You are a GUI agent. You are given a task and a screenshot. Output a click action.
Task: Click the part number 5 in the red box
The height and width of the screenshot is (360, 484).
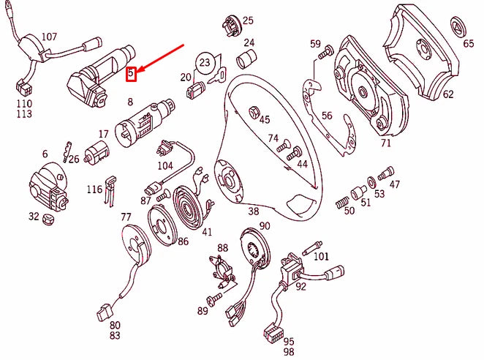pyautogui.click(x=131, y=73)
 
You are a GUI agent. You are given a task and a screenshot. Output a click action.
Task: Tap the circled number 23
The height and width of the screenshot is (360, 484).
pyautogui.click(x=205, y=63)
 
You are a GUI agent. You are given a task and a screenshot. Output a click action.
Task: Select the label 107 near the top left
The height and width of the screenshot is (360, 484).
pyautogui.click(x=48, y=36)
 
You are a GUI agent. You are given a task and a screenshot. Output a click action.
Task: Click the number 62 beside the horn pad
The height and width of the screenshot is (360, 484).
pyautogui.click(x=447, y=94)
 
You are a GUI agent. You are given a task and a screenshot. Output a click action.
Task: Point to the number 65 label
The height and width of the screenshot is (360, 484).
pyautogui.click(x=468, y=44)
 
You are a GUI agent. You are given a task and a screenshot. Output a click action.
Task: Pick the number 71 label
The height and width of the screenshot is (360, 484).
pyautogui.click(x=385, y=143)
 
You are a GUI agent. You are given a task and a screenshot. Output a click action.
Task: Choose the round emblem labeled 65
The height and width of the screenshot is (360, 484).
pyautogui.click(x=458, y=28)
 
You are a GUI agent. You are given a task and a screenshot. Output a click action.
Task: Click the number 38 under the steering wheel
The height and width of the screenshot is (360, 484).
pyautogui.click(x=254, y=211)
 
